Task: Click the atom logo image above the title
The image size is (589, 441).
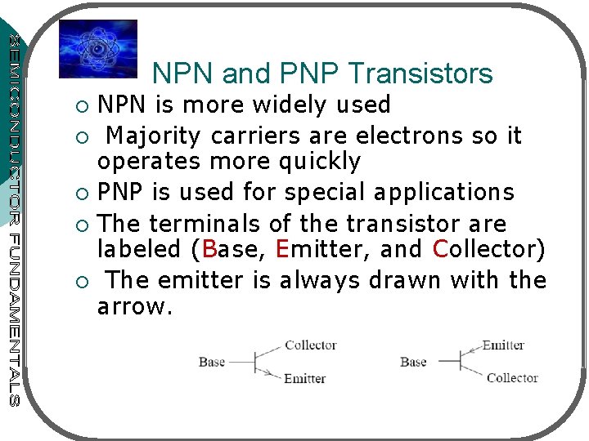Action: (98, 49)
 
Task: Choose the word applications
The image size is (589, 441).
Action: (444, 192)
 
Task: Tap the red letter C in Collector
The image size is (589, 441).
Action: (440, 250)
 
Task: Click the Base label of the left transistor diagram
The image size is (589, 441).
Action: (212, 362)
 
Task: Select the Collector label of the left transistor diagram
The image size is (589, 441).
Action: (310, 345)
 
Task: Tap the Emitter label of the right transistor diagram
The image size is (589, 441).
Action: (503, 345)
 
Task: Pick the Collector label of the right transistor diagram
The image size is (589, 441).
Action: (511, 377)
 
